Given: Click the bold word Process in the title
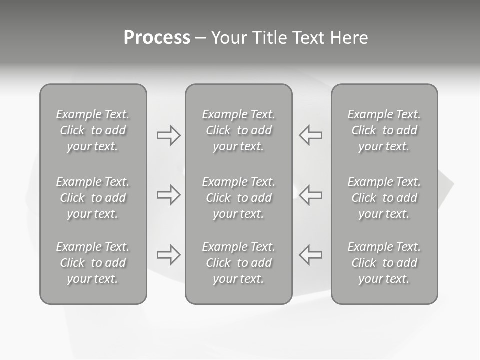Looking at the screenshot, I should coord(157,38).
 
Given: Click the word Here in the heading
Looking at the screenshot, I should coord(349,38).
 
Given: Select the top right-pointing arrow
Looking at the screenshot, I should coord(168,135).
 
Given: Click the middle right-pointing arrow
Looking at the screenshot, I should coord(168,195).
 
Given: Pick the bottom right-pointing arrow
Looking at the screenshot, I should coord(168,254).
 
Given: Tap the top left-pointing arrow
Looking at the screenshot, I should coord(310,135).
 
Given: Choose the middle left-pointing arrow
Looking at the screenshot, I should coord(310,195).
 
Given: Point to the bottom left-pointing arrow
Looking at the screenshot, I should coord(310,254).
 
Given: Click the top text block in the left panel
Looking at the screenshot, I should coord(93,130).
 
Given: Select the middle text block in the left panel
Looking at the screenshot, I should coord(93,198).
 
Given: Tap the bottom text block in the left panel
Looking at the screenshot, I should coord(93,263).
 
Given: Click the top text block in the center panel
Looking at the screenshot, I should coord(238,130).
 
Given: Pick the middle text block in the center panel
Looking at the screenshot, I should coord(238,198).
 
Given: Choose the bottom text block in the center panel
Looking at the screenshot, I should coord(238,263).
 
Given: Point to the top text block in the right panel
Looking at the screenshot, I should coord(384,130).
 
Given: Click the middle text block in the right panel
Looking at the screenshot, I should coord(384,198).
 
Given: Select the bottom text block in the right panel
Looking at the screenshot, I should coord(384,263).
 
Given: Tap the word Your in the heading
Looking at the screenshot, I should coord(228,38).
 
